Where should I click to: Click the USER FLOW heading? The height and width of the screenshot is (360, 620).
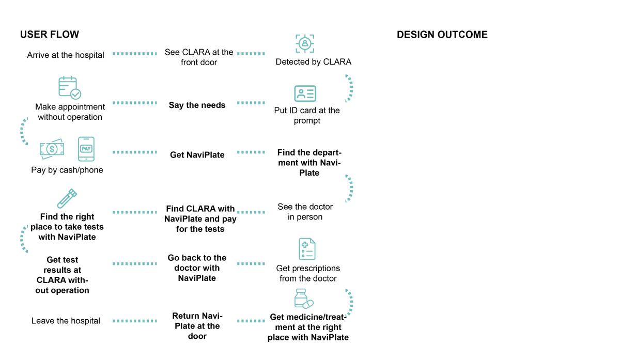(50, 34)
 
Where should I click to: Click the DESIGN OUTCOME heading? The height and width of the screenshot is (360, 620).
(442, 35)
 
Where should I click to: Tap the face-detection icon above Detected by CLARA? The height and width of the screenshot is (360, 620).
(305, 43)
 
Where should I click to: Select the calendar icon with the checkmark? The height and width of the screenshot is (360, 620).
(70, 88)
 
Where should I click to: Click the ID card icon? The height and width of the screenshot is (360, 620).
(305, 93)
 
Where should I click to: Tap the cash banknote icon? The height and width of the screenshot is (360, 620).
(52, 149)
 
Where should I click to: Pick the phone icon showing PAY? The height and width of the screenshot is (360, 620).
(86, 149)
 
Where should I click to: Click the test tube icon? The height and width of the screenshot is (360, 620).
(67, 198)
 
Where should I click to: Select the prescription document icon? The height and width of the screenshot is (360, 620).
(307, 249)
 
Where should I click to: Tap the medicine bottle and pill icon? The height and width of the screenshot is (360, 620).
(304, 299)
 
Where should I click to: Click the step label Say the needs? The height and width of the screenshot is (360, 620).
(197, 105)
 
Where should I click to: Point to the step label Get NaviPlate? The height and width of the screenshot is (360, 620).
(197, 154)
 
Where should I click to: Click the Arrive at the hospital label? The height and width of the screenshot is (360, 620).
(66, 55)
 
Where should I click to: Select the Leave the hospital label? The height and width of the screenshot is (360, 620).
(66, 321)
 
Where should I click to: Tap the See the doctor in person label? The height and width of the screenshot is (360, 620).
(305, 212)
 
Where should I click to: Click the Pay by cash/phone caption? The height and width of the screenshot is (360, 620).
(67, 170)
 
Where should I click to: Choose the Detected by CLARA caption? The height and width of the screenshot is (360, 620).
(313, 61)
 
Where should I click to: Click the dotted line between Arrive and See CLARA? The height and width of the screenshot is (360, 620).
(135, 54)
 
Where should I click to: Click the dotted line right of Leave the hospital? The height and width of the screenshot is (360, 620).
(135, 321)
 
